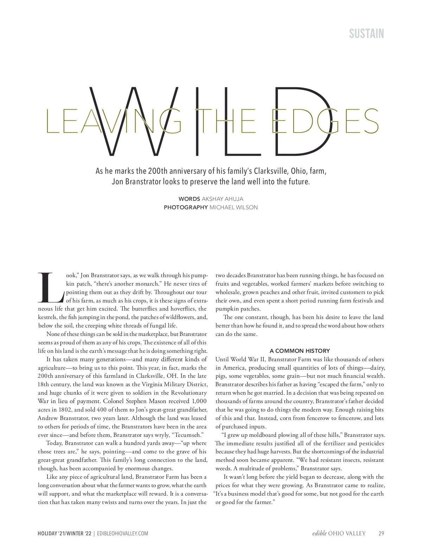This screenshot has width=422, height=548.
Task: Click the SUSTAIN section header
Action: (x=366, y=34)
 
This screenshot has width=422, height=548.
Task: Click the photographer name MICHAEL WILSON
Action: (x=234, y=208)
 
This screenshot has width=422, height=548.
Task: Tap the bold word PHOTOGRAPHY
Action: (x=186, y=208)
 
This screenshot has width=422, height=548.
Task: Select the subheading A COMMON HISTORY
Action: (x=300, y=351)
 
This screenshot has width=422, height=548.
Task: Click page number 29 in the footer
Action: (x=381, y=534)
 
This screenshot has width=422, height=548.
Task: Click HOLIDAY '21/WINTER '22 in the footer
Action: (x=65, y=534)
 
